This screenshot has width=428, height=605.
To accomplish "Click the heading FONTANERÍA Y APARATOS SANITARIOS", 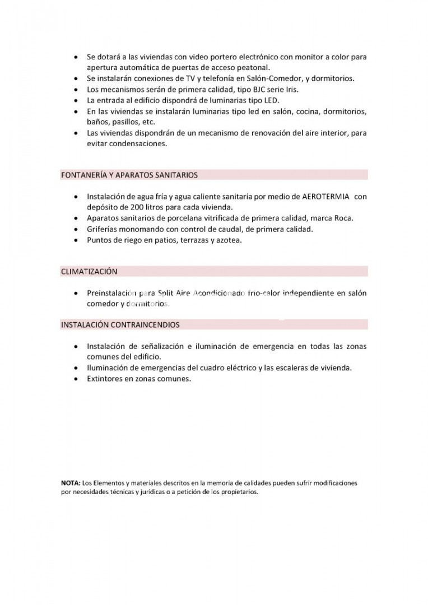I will click(x=129, y=175).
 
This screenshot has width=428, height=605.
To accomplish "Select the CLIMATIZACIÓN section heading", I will click(x=89, y=272).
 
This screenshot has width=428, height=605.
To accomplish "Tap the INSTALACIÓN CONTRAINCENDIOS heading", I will click(x=120, y=324).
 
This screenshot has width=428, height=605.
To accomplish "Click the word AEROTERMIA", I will click(x=326, y=197).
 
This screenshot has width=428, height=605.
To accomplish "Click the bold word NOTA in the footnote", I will click(x=71, y=482).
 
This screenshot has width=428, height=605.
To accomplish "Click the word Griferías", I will click(x=104, y=229).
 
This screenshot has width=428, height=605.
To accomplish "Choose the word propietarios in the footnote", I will click(x=240, y=492).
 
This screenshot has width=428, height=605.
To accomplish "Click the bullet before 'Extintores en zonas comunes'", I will click(x=76, y=379).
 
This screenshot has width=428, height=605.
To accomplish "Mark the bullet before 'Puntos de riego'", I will click(x=76, y=241).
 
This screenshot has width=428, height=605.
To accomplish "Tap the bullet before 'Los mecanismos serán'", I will click(x=76, y=90).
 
